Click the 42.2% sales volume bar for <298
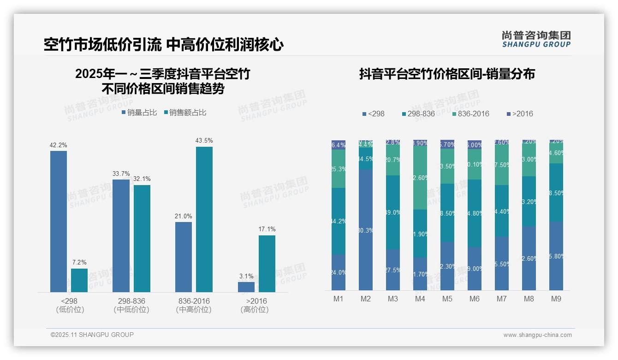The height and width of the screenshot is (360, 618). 59,222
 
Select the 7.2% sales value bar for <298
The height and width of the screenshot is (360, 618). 79,280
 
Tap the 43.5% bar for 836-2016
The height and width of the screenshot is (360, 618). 204,219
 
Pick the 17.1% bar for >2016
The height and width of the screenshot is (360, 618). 267,264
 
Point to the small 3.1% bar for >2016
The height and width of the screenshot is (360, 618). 246,287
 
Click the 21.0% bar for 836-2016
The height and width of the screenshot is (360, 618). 184,257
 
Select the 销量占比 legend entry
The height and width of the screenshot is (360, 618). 139,112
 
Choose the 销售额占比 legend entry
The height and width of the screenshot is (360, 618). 184,112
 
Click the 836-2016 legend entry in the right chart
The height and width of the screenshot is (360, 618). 470,114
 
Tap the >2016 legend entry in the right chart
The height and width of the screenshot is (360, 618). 520,114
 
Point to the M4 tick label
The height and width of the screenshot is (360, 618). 420,299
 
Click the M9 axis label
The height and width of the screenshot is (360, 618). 556,299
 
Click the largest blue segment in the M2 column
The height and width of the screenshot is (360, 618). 366,229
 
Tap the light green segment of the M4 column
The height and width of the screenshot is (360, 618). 420,177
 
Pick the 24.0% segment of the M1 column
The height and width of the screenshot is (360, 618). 339,272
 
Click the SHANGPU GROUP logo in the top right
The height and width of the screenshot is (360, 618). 536,39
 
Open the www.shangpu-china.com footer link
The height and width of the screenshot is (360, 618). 537,335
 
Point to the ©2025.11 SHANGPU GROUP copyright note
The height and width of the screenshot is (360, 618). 92,335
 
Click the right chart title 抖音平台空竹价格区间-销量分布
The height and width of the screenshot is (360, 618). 447,74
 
